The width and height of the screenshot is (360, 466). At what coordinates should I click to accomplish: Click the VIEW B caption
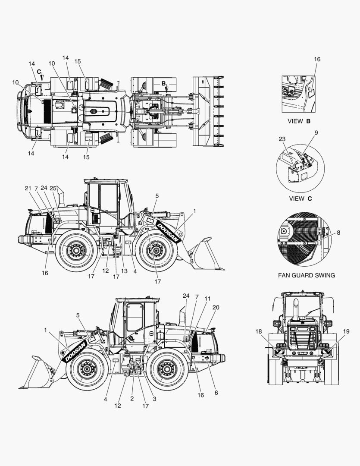pos(299,121)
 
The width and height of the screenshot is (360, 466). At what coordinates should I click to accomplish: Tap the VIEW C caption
pos(301,198)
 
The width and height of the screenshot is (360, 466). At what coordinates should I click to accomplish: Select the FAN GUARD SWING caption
pos(306,275)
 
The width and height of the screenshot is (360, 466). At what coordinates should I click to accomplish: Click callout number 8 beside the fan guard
pos(338,233)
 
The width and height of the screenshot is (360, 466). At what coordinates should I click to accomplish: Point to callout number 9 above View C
pos(316,132)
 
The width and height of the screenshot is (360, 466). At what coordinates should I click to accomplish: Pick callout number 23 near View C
pos(282,139)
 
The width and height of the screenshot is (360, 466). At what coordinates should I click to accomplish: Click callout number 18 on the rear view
pos(259,331)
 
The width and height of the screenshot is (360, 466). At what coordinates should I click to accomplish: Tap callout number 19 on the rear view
pos(346,331)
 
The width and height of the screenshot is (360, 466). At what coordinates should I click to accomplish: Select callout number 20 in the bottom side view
pos(216,307)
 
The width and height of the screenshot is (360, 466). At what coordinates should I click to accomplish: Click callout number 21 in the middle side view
pos(28,188)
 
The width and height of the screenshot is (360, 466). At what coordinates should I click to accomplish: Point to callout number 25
pos(53,188)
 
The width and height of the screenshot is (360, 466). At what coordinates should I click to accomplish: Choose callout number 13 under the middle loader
pos(124,271)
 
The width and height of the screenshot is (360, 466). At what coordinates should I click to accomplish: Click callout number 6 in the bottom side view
pos(216,393)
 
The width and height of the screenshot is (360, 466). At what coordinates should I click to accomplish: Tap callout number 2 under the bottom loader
pos(132,399)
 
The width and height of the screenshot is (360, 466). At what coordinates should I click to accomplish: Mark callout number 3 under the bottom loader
pos(154,399)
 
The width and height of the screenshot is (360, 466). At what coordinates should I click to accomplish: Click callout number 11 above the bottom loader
pos(208,299)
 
